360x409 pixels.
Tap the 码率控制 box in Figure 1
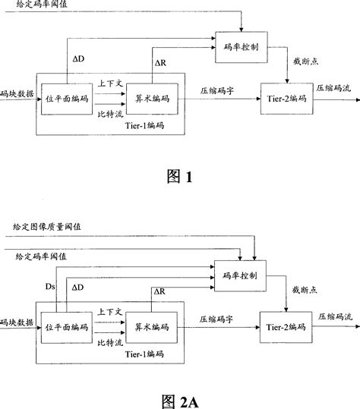click(x=239, y=46)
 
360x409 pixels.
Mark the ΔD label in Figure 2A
click(x=78, y=288)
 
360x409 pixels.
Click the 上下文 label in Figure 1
click(x=109, y=85)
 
